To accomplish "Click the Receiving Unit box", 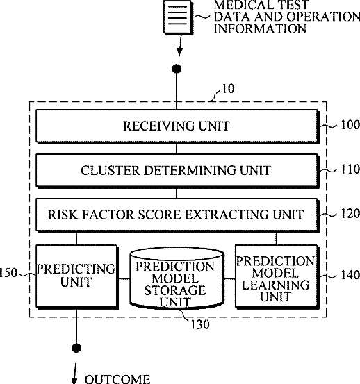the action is point(177,126).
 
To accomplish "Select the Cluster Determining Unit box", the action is point(177,170).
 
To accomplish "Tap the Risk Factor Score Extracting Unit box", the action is point(177,215).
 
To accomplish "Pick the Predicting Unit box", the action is point(76,276).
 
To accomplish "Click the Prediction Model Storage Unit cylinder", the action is point(177,278).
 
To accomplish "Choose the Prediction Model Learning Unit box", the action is point(277,276).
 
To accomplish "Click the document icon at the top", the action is point(178,17).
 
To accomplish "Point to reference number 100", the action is point(350,125).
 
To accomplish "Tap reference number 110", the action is point(350,169).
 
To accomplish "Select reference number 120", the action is point(350,214).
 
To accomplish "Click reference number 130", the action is point(200,324).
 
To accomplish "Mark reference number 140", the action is point(350,275).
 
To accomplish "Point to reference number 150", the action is point(8,273).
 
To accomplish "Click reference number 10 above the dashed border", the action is point(228,89).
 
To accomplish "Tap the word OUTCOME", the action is point(117,379).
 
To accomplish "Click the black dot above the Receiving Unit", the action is point(177,69).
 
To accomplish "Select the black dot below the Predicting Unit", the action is point(76,348).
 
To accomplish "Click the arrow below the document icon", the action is point(180,46).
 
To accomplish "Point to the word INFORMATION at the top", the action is point(260,29).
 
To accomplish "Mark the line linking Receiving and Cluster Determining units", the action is point(177,149).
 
